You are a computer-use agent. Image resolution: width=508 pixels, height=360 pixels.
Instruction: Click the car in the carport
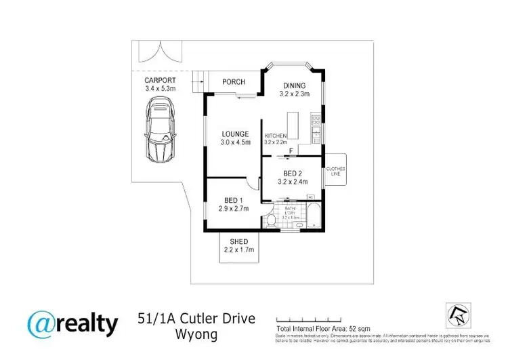coord(160,129)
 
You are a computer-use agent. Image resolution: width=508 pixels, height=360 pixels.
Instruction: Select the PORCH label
coord(234,82)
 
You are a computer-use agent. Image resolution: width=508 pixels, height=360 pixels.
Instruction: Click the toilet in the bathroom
coord(271,218)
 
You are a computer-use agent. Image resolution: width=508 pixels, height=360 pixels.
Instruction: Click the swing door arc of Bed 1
coord(251,183)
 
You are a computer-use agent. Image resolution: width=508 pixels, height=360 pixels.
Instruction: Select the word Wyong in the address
coord(196,335)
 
